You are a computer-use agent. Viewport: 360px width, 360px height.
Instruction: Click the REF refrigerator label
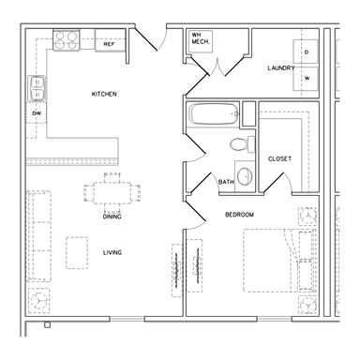pos(109,44)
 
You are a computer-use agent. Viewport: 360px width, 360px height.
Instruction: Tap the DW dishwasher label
pos(37,113)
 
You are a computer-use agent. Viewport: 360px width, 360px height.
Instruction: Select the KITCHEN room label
pos(104,94)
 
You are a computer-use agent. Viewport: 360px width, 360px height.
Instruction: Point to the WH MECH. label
pos(201,38)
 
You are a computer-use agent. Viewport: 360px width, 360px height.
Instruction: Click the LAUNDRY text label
pos(281,67)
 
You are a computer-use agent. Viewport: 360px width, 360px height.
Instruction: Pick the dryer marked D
pos(306,52)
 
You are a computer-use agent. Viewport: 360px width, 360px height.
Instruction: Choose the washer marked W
pos(306,79)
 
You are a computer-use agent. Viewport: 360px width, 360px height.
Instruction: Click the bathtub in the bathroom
pos(214,113)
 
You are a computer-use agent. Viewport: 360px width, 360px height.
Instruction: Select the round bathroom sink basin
pos(245,176)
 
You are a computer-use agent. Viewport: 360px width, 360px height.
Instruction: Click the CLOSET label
pos(279,158)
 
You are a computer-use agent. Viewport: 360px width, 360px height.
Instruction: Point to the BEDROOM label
pos(239,215)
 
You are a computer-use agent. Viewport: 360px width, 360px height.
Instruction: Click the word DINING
pos(112,217)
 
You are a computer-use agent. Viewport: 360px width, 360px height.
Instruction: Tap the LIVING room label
pos(112,252)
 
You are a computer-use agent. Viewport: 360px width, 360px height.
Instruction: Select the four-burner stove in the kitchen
pos(67,40)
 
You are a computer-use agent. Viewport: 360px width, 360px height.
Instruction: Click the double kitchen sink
pos(37,88)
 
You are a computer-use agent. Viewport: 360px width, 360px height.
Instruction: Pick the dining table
pos(112,193)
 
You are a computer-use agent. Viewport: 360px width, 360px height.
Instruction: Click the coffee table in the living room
pos(77,253)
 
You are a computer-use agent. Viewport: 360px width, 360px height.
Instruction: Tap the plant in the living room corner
pos(38,300)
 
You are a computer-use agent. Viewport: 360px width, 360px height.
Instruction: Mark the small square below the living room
pos(47,325)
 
